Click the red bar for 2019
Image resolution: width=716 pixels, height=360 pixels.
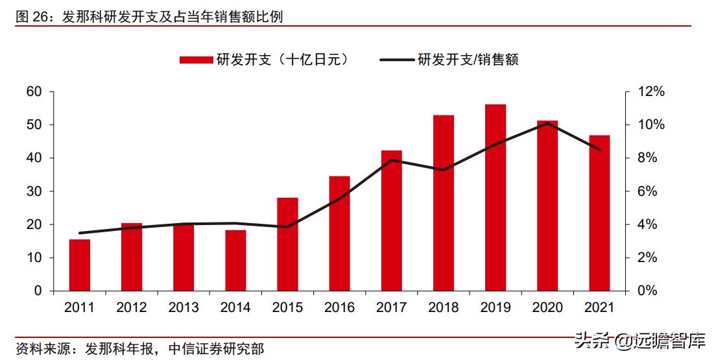click(495, 198)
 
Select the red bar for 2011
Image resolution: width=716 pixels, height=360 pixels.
click(80, 265)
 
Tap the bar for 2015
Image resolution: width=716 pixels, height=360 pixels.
click(287, 245)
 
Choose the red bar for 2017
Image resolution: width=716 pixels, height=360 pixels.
click(392, 221)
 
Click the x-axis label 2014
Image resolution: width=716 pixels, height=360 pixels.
click(235, 307)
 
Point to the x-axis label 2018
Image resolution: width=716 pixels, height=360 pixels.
click(444, 307)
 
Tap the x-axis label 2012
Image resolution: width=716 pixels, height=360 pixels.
click(132, 307)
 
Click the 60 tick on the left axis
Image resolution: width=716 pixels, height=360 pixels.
click(34, 92)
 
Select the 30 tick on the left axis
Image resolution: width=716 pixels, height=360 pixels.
click(34, 191)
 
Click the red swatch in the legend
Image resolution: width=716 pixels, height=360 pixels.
click(196, 60)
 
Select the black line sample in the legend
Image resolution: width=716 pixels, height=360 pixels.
click(396, 60)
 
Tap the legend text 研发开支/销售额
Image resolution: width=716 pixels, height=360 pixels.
click(468, 60)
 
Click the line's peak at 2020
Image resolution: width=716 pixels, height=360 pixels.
click(548, 123)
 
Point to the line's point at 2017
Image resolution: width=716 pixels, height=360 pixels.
click(392, 160)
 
